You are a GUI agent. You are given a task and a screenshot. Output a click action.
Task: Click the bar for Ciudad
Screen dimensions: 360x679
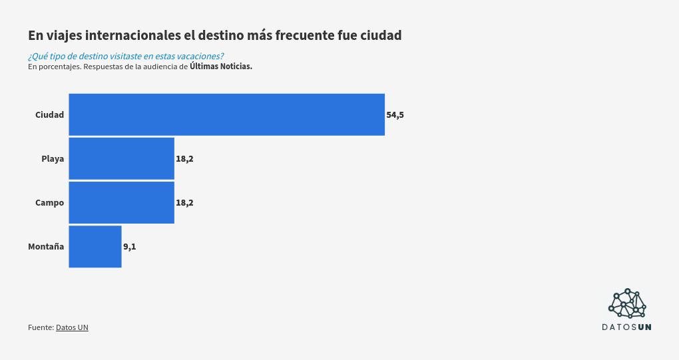click(226, 114)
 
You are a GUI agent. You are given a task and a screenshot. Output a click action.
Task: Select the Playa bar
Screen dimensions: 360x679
click(121, 158)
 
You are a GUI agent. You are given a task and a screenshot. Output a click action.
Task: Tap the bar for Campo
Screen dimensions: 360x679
click(121, 202)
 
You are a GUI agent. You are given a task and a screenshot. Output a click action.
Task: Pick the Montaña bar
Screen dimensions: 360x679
click(95, 246)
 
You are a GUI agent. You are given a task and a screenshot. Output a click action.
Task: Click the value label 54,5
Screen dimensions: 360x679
click(395, 115)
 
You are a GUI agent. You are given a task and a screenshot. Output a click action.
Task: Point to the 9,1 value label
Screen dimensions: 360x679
click(129, 247)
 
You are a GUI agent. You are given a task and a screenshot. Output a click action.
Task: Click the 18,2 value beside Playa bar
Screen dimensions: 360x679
click(184, 159)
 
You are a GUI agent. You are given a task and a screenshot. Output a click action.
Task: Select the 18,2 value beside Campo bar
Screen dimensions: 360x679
click(184, 203)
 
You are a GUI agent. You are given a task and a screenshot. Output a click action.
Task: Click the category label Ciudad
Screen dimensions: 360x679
click(49, 115)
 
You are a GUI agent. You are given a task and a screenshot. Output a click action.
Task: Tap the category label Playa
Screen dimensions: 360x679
click(53, 159)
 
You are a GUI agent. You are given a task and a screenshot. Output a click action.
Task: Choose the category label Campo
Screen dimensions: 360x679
click(49, 203)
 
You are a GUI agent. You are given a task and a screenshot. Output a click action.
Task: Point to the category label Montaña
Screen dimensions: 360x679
click(46, 247)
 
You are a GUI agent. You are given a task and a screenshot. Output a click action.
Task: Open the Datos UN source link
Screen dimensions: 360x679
click(72, 327)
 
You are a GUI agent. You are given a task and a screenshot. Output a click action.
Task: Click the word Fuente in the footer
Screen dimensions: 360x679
click(40, 327)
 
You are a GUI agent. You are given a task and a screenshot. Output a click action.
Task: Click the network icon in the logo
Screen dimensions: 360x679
click(627, 303)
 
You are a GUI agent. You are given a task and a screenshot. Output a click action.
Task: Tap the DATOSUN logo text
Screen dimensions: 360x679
click(626, 327)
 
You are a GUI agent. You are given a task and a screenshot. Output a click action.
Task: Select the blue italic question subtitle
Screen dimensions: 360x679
click(126, 56)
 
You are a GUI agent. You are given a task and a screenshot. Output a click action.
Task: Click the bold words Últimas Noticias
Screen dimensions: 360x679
click(221, 67)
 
